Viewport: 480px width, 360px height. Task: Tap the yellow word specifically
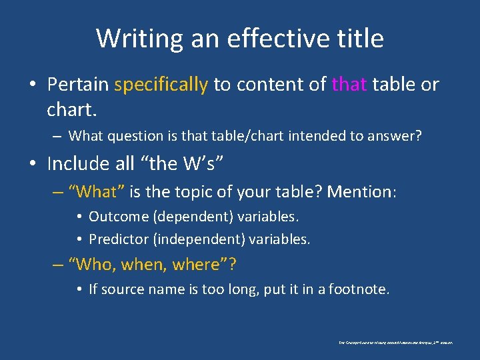tap(161, 85)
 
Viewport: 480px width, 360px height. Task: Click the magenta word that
tap(349, 85)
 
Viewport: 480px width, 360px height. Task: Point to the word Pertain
tap(78, 85)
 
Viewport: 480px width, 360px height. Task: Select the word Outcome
tap(117, 217)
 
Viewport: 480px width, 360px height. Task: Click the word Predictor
tap(118, 239)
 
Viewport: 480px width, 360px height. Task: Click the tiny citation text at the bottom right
tap(395, 342)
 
